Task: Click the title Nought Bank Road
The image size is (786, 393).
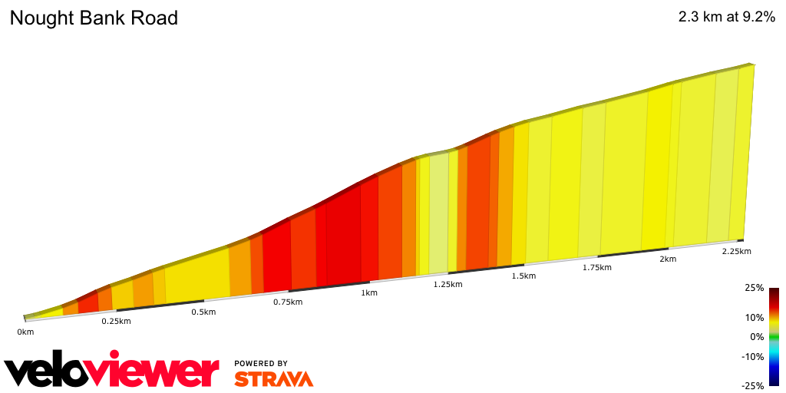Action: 94,18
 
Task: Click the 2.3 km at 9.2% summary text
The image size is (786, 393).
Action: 726,18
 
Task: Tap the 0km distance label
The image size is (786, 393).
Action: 25,332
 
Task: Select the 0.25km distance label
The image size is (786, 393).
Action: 116,321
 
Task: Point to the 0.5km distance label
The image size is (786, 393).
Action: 203,312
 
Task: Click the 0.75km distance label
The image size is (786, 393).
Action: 287,302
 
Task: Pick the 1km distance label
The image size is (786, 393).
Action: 369,292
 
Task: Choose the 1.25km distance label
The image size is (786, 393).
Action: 447,284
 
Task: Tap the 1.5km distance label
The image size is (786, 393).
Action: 523,276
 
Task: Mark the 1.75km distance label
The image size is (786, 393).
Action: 596,267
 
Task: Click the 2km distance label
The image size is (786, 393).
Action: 668,259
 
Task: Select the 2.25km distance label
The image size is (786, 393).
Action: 736,251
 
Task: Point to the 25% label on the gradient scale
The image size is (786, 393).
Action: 754,288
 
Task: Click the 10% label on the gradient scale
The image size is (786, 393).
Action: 754,318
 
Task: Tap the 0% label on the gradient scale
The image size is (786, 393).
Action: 757,336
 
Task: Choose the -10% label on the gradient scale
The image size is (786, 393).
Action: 753,356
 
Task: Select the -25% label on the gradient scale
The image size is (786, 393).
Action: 753,385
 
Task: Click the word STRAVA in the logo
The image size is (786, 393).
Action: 273,379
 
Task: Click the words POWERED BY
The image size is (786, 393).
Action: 261,363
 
